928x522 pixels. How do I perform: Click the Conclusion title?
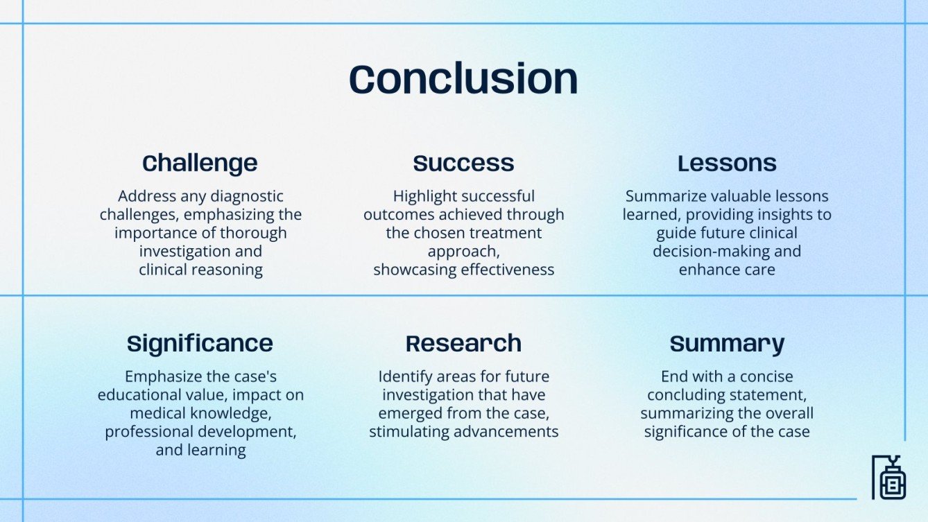463,79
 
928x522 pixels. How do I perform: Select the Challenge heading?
200,164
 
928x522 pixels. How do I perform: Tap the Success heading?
463,163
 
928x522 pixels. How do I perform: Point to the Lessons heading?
727,163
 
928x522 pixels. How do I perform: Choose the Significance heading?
200,345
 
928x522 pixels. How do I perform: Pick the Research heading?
463,344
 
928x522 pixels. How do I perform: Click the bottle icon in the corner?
889,478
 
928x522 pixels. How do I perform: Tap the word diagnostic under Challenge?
247,197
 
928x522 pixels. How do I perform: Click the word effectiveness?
508,270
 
